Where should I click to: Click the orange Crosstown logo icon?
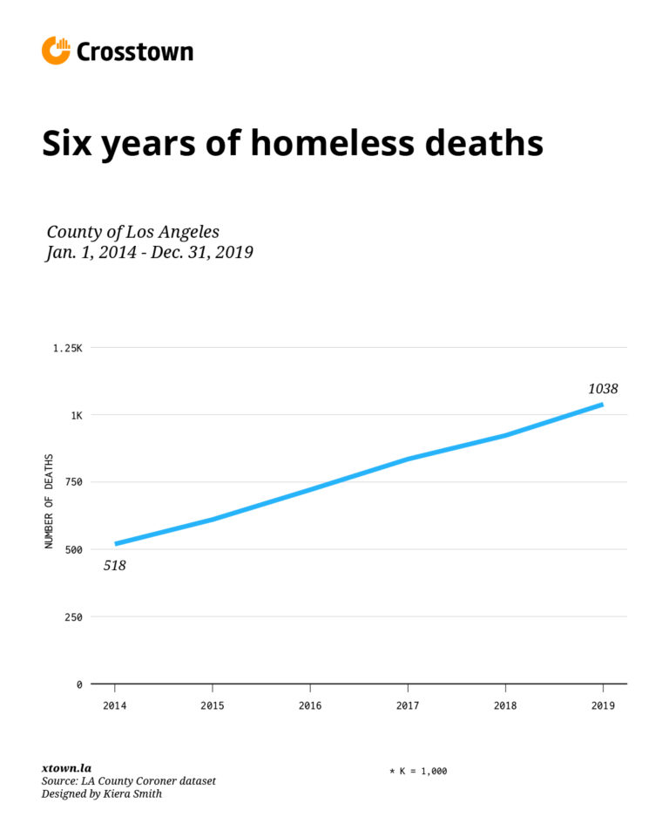56,51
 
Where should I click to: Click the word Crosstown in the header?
135,52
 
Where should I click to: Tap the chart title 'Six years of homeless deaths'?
293,143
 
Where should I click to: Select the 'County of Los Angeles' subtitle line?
132,232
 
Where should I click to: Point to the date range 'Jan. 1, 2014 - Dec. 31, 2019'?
149,253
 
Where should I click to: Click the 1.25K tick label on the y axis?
67,348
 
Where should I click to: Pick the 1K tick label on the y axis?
76,415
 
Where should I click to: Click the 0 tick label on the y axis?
79,684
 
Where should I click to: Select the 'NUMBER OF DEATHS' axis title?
49,501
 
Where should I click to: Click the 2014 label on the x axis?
114,704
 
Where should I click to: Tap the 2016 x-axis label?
309,704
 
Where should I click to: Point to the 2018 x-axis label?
505,704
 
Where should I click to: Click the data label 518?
115,566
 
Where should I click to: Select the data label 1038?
602,389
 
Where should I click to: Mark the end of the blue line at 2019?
601,405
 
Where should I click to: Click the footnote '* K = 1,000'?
418,771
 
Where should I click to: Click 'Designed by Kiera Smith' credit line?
102,794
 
